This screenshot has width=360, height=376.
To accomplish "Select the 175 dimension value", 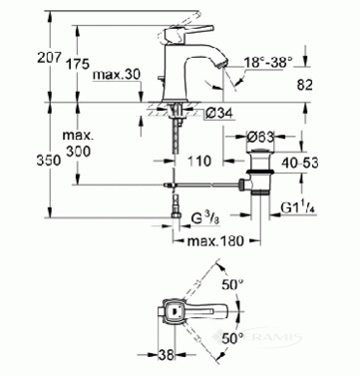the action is pyautogui.click(x=78, y=64).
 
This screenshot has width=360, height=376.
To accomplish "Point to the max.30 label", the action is pyautogui.click(x=117, y=75).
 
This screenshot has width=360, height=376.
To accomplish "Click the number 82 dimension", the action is pyautogui.click(x=304, y=85).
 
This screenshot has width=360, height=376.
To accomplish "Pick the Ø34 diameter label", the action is pyautogui.click(x=218, y=114).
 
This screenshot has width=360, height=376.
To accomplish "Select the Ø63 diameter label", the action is pyautogui.click(x=261, y=137).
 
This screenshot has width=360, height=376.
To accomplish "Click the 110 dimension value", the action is pyautogui.click(x=199, y=161).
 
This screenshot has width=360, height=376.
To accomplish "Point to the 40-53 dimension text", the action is pyautogui.click(x=299, y=163).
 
